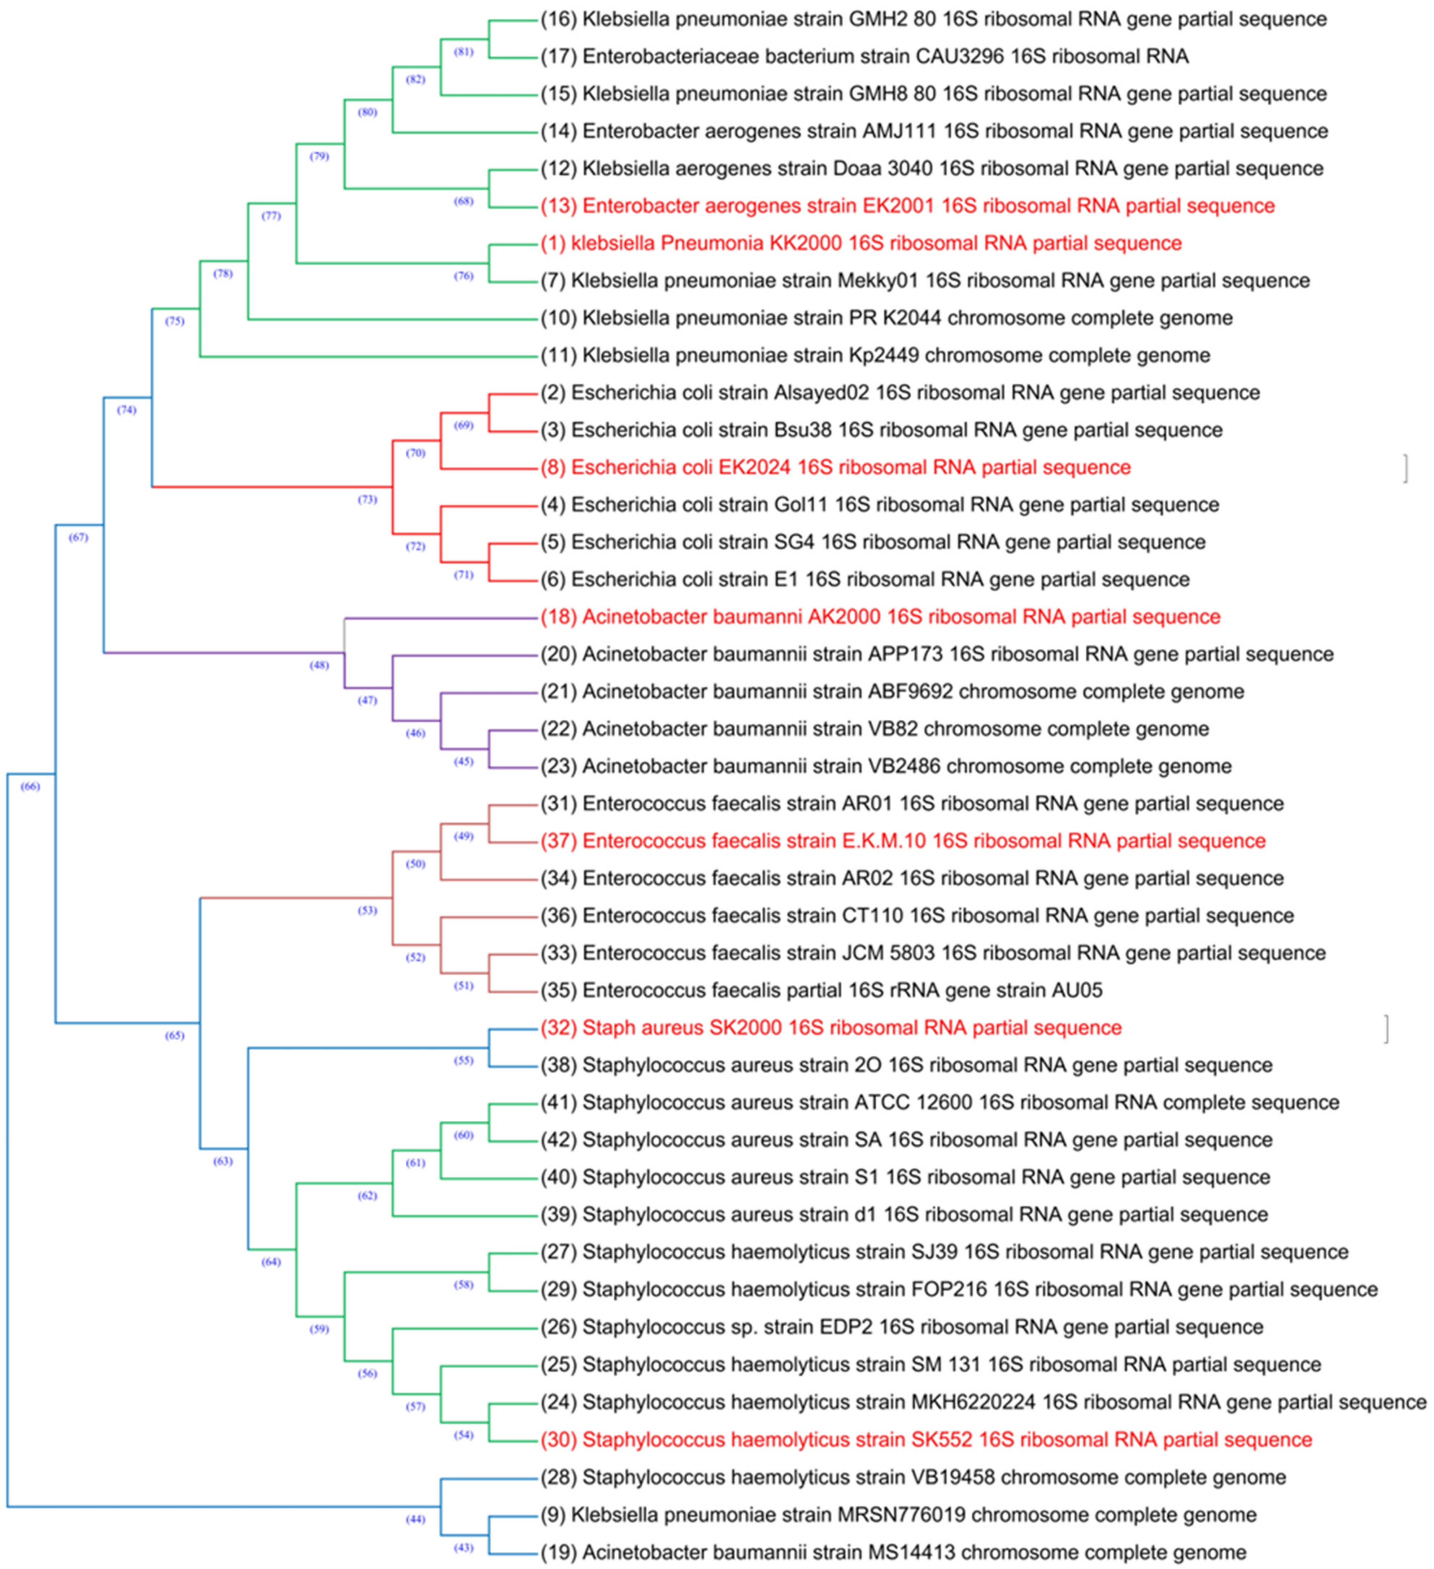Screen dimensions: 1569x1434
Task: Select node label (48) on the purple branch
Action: [x=319, y=666]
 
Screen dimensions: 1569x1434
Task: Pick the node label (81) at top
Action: [x=464, y=52]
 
